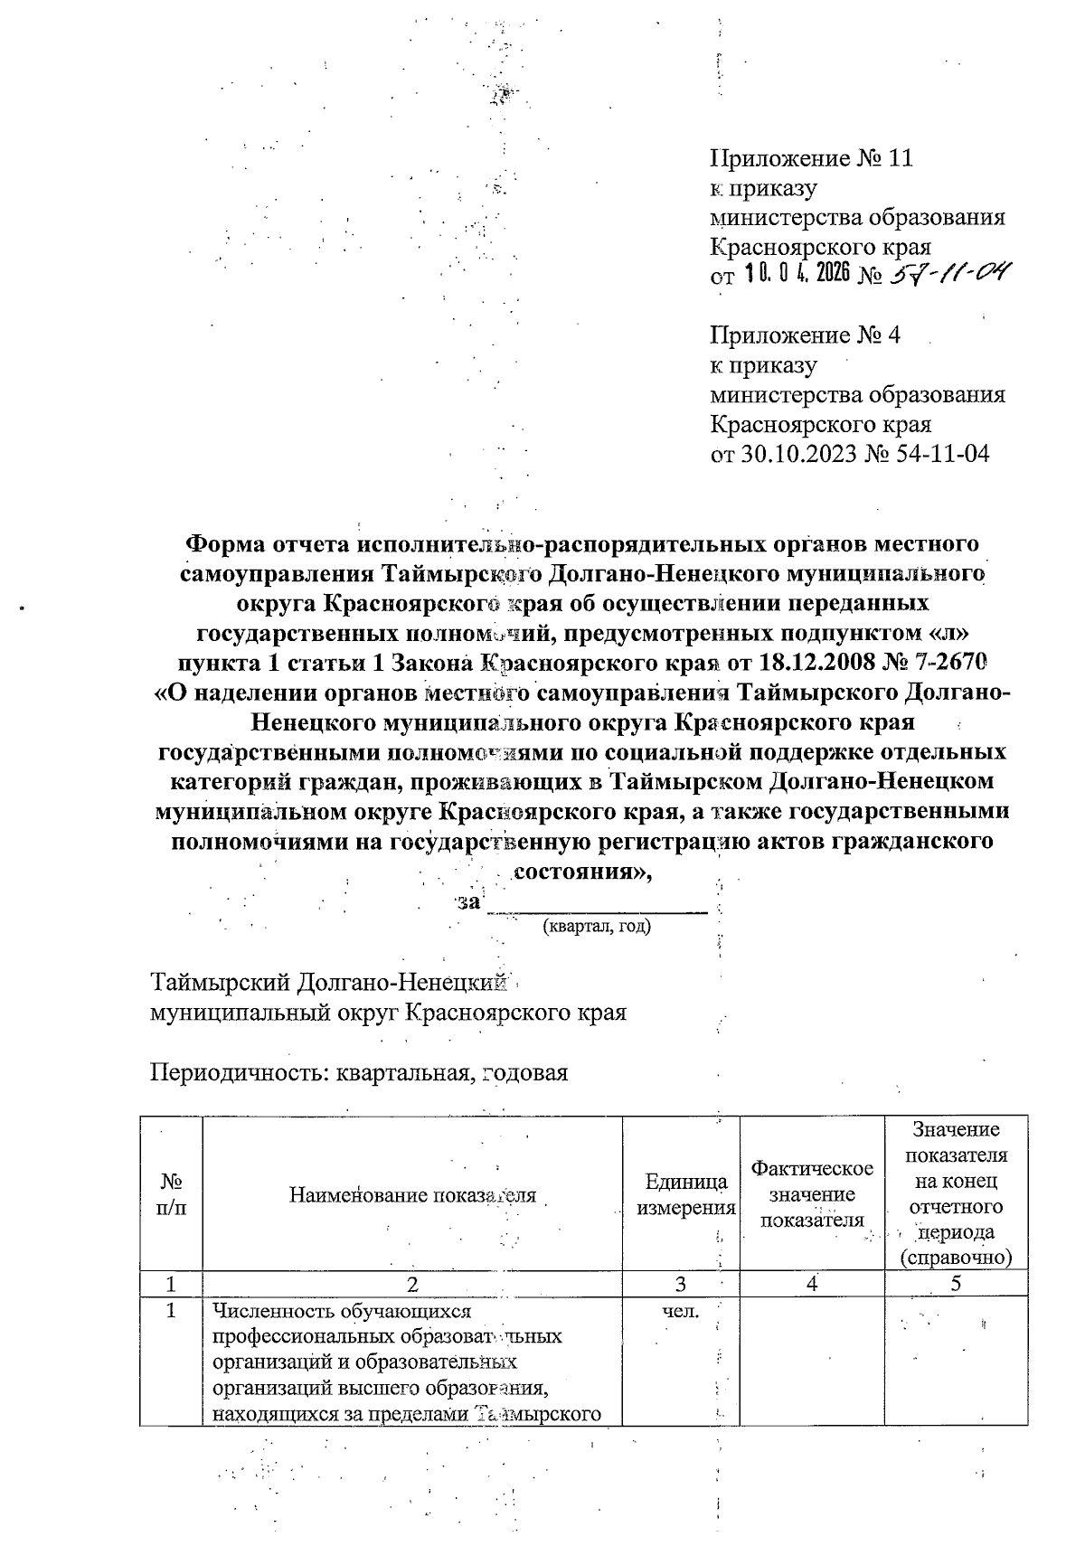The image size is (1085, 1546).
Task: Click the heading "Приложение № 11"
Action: (812, 159)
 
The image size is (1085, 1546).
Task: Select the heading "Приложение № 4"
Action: (806, 336)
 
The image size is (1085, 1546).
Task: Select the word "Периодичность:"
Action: (240, 1073)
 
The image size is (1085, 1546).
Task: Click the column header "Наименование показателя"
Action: (412, 1195)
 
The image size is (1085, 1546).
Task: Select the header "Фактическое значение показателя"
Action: (812, 1195)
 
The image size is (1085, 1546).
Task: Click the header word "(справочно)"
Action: (956, 1258)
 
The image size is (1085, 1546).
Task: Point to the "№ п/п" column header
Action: (171, 1195)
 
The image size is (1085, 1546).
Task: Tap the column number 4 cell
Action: (812, 1284)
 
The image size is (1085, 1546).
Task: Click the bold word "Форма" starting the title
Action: (219, 544)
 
